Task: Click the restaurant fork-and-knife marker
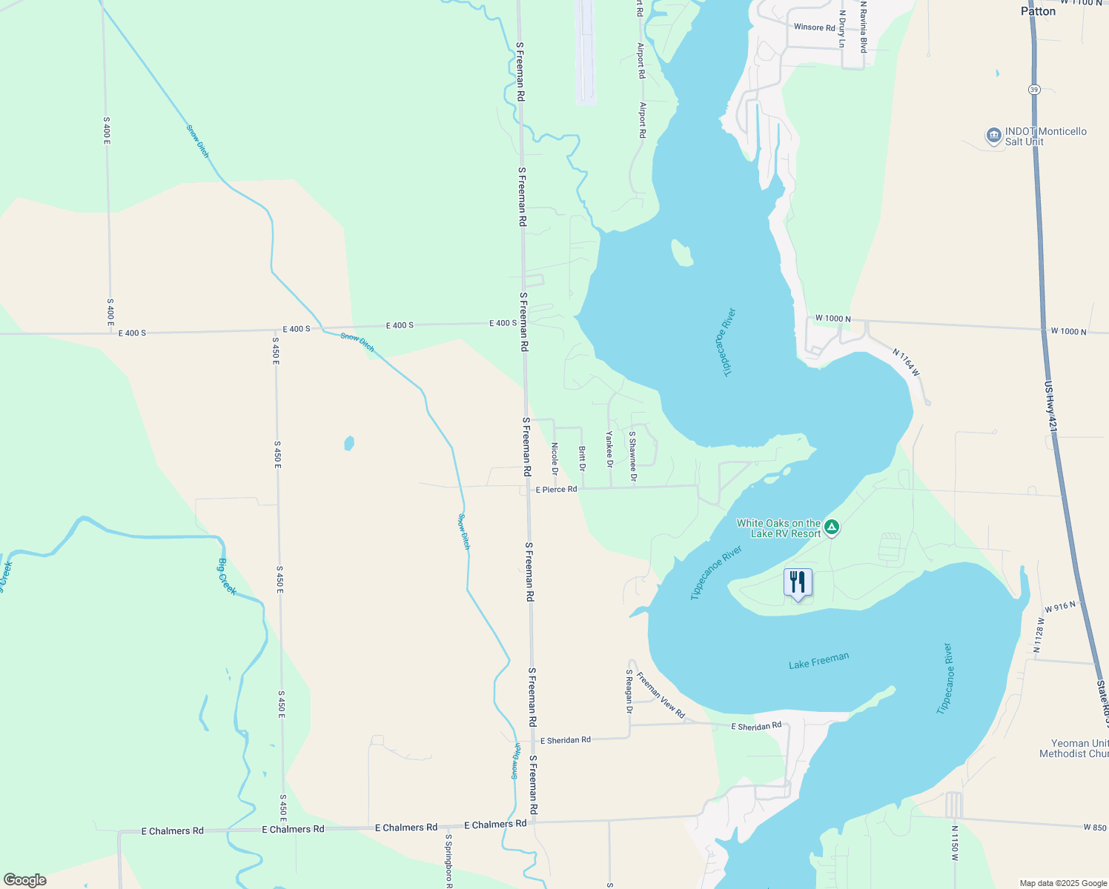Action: pos(798,582)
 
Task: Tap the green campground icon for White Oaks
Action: pos(832,527)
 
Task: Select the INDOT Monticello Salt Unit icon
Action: pos(993,136)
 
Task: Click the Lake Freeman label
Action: pos(818,660)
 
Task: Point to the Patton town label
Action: pos(1038,11)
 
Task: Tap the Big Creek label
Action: pos(227,576)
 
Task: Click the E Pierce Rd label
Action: pos(557,490)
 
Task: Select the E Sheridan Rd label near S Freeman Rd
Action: pos(566,740)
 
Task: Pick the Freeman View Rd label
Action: pos(661,695)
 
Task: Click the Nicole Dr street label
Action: pos(554,459)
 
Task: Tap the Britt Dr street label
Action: pos(582,459)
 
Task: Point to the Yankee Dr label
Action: pos(609,449)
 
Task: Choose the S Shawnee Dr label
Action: pos(632,456)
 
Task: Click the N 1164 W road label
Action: pos(906,362)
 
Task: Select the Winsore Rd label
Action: pos(814,27)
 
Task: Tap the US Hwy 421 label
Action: pos(1051,407)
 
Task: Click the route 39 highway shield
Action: pos(1033,90)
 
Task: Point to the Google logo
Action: pos(25,880)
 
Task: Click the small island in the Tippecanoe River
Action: pos(681,253)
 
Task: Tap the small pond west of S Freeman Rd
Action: pos(349,443)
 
